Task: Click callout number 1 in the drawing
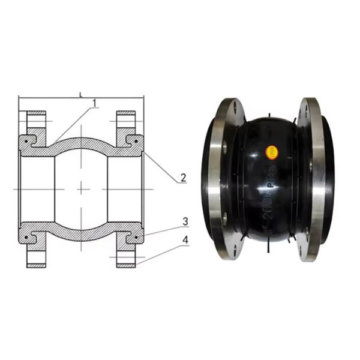[x=94, y=104]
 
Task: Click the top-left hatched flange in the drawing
[x=37, y=124]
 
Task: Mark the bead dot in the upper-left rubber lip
[x=26, y=142]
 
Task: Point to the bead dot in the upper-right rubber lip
[x=137, y=142]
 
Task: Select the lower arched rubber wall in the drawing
[x=81, y=236]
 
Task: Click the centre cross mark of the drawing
[x=81, y=188]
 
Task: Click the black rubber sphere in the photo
[x=267, y=180]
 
